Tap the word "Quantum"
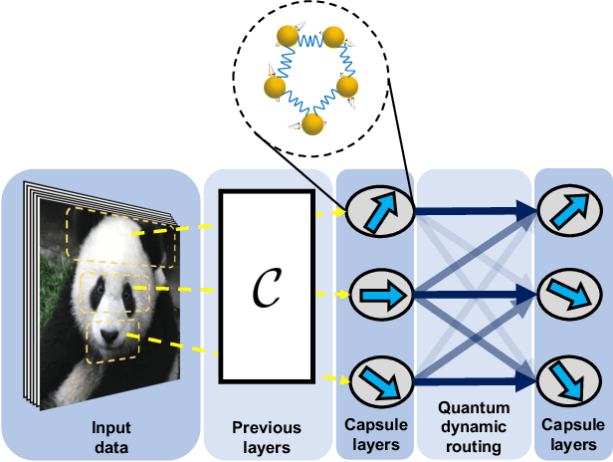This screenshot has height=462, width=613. click(475, 408)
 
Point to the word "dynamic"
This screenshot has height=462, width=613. click(475, 426)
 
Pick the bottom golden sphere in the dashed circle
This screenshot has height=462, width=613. click(311, 123)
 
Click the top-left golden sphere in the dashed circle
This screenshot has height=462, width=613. click(287, 39)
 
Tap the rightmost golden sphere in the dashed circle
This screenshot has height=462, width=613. click(347, 87)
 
